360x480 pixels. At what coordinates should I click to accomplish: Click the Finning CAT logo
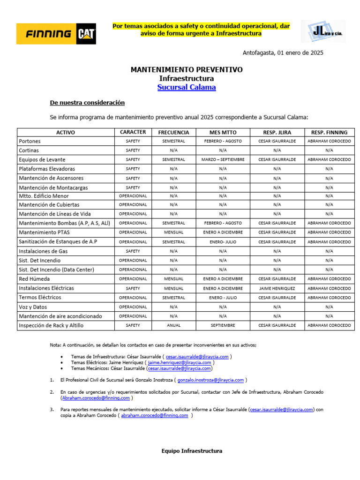[56, 34]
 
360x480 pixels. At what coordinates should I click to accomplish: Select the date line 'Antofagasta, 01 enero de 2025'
[283, 53]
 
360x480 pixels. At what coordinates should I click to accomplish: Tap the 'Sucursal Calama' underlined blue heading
[187, 87]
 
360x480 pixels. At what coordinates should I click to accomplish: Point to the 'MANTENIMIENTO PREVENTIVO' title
[187, 69]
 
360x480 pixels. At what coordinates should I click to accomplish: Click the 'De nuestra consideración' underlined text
[87, 103]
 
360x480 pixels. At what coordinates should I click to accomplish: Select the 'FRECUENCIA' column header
[173, 132]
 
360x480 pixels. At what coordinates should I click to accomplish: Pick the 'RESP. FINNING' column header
[329, 132]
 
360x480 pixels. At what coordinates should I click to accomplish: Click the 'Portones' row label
[30, 141]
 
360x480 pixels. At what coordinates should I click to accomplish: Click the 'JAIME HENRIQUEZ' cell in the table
[277, 288]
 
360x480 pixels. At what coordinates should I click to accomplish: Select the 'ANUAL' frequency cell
[173, 325]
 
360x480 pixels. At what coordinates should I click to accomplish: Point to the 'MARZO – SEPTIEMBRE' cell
[223, 159]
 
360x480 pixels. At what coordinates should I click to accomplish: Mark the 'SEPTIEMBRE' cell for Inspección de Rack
[223, 325]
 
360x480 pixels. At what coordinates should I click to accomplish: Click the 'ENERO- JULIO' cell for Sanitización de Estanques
[223, 241]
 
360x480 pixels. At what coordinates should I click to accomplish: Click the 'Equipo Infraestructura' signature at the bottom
[192, 451]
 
